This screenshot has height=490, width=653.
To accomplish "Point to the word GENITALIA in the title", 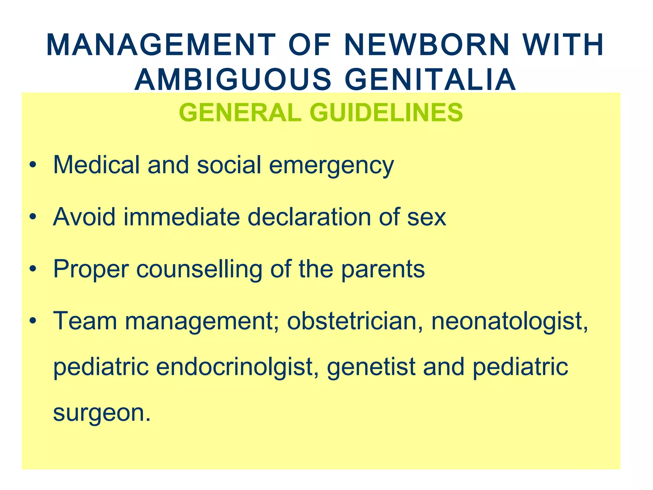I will click(x=430, y=79).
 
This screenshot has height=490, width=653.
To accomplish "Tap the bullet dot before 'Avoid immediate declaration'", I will click(x=33, y=217).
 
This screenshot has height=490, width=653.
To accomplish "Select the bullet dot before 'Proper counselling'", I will click(x=33, y=269).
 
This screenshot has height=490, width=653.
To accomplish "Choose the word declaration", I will click(x=309, y=217).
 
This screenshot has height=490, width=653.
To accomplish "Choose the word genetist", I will click(x=371, y=367).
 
